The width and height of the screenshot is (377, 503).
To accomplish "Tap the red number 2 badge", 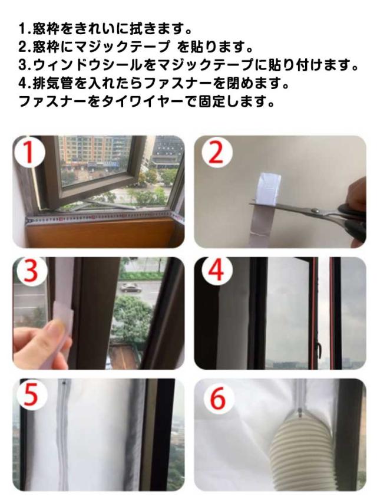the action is pos(217,152).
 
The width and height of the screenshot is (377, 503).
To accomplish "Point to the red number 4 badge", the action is pos(216,271).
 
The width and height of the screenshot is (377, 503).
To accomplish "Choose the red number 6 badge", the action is pos(218,398).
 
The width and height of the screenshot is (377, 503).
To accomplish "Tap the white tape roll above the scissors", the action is pos(267,188).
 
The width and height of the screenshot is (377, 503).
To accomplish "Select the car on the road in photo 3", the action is pos(130,288).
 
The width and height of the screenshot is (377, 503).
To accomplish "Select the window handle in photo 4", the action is pos(319,348).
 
